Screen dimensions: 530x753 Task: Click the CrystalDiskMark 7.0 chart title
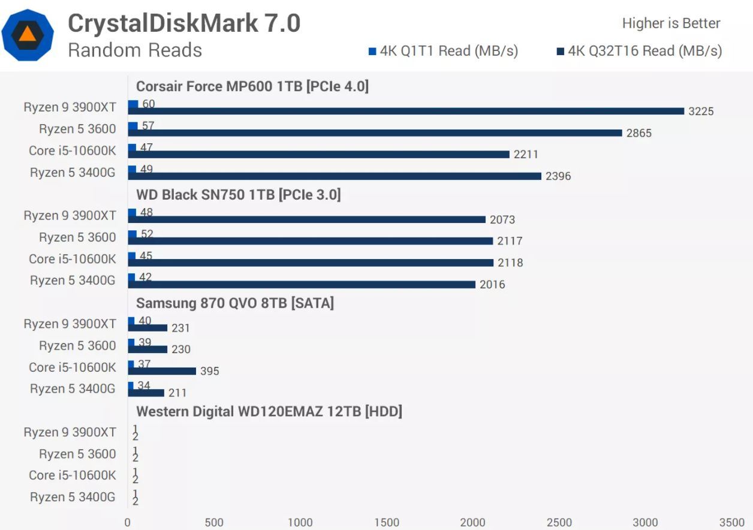[183, 23]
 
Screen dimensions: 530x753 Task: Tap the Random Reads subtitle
[135, 50]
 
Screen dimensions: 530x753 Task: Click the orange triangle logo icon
[28, 34]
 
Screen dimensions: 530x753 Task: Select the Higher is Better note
[671, 23]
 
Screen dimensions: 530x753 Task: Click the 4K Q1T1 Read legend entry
[443, 51]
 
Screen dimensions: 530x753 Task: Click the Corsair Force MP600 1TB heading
[252, 86]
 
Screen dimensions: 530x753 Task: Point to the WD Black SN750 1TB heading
[238, 195]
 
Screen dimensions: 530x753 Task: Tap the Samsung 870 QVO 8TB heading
[234, 303]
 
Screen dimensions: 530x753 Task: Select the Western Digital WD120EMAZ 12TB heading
[269, 411]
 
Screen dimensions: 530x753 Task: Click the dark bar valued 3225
[406, 111]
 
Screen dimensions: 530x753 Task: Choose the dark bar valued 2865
[375, 132]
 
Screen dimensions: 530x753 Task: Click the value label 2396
[558, 176]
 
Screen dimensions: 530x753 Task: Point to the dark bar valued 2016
[302, 284]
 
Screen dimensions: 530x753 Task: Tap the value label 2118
[510, 263]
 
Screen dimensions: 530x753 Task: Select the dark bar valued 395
[162, 371]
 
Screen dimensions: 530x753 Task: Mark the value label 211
[177, 393]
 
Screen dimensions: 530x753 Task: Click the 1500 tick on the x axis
[386, 522]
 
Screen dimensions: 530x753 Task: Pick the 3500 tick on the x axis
[731, 522]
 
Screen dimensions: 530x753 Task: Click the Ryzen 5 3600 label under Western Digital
[77, 454]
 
